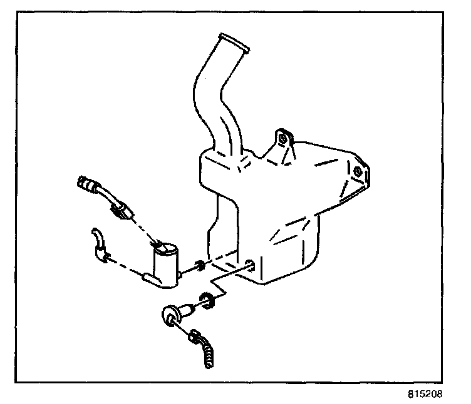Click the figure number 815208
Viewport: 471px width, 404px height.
click(425, 394)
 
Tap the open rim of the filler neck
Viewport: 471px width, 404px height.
click(234, 42)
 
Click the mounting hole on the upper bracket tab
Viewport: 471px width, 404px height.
click(282, 139)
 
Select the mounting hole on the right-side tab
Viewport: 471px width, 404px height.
click(358, 172)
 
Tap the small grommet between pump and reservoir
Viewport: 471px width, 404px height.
click(199, 265)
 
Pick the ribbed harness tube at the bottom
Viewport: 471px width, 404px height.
click(208, 354)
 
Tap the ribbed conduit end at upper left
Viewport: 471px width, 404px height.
click(86, 184)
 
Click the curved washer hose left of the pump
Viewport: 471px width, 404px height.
click(100, 245)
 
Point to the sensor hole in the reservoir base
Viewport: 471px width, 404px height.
click(250, 265)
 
